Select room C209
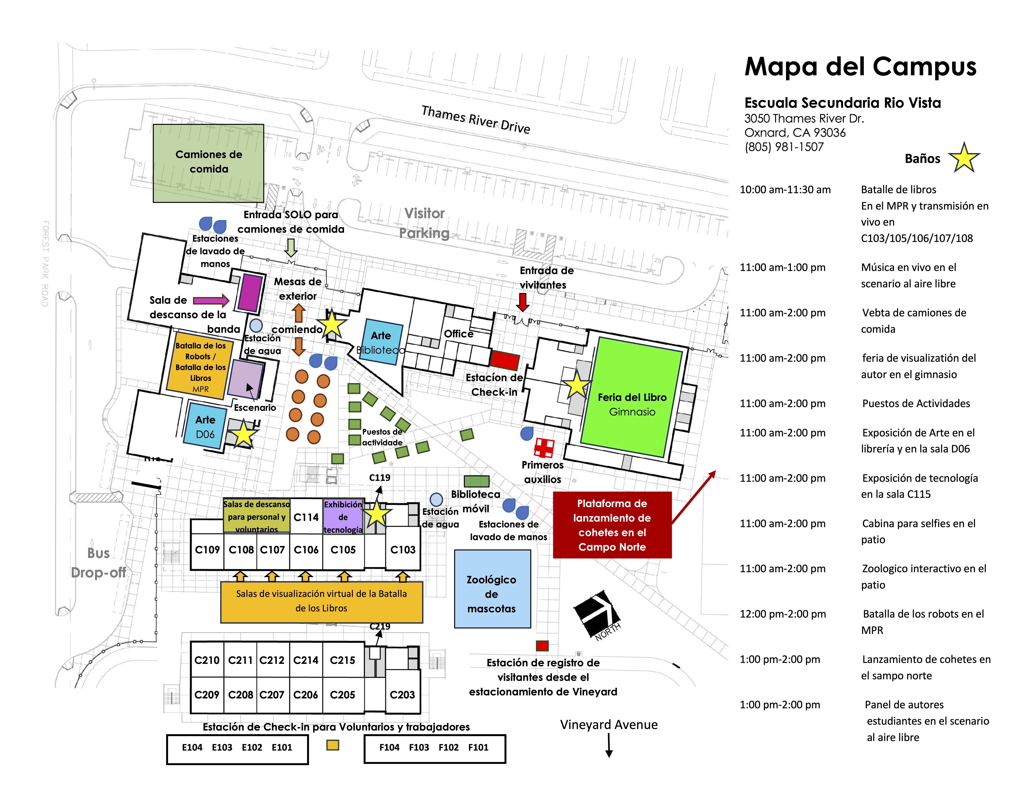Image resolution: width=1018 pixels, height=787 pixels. [x=207, y=695]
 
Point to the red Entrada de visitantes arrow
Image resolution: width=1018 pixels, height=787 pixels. [x=523, y=302]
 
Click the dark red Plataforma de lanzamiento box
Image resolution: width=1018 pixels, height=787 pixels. [x=612, y=525]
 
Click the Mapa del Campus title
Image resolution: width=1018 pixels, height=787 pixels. [x=860, y=67]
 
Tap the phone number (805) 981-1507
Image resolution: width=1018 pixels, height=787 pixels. [x=784, y=147]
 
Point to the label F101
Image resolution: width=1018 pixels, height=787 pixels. [x=478, y=747]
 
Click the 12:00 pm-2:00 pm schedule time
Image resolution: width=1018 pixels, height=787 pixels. [x=783, y=614]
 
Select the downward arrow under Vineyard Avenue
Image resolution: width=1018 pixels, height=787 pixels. [x=609, y=745]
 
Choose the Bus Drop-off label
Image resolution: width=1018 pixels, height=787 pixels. [x=98, y=563]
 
